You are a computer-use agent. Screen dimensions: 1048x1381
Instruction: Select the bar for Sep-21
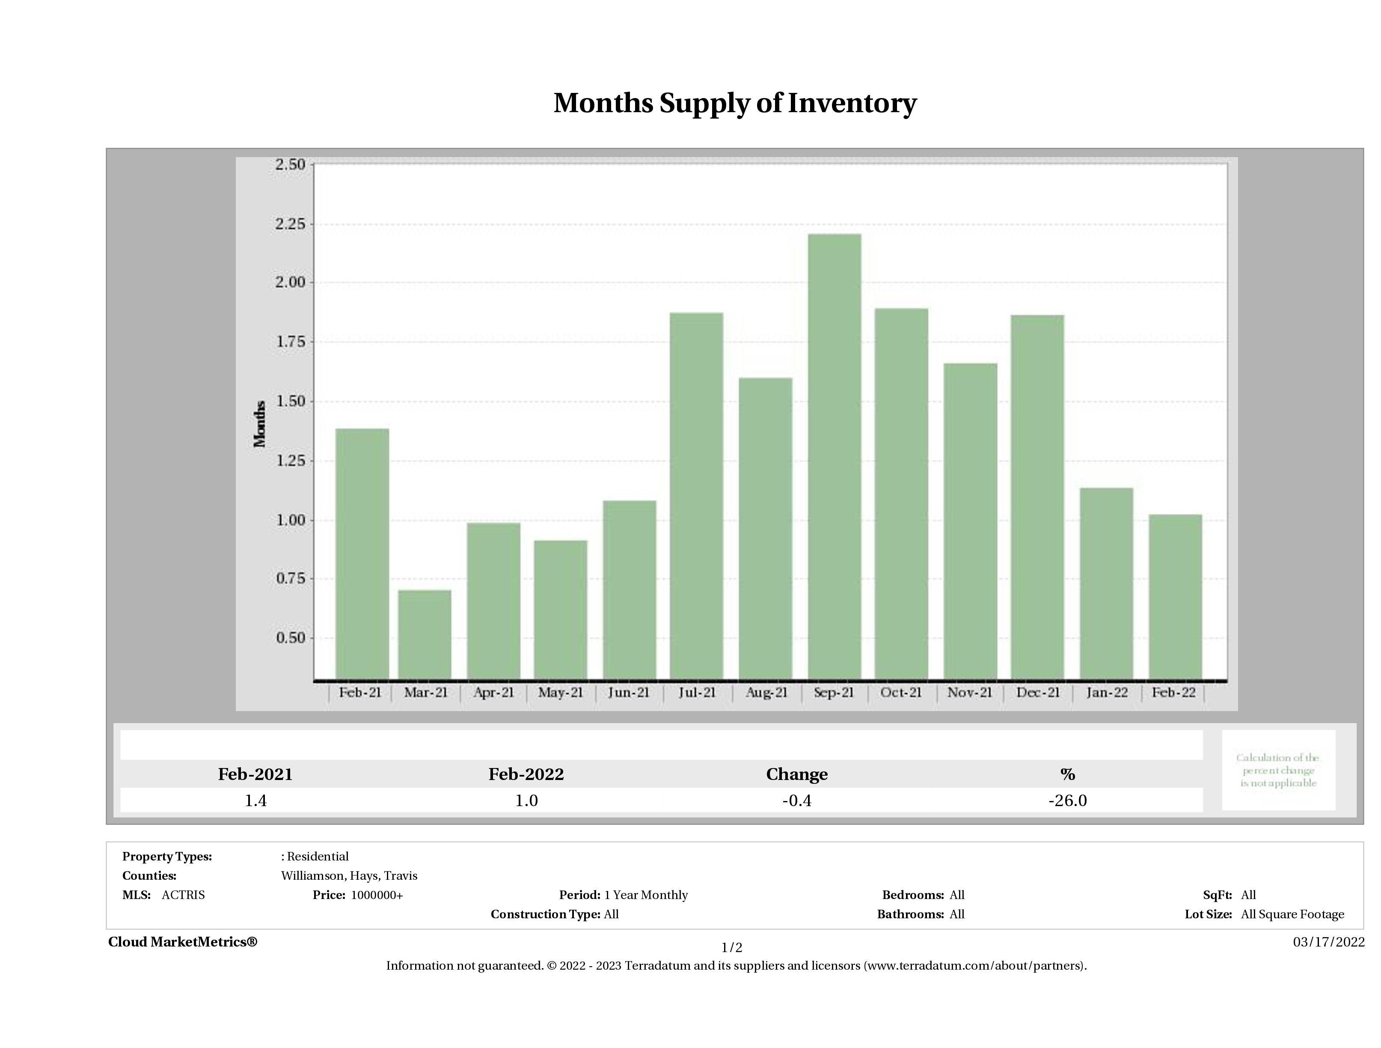click(x=834, y=456)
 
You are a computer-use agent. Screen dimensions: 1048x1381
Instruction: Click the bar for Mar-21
click(x=425, y=634)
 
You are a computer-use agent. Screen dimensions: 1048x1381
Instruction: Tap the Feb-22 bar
click(x=1175, y=596)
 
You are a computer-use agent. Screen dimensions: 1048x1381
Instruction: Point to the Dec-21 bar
click(x=1038, y=497)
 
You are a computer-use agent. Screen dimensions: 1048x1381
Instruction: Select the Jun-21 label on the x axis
click(x=628, y=693)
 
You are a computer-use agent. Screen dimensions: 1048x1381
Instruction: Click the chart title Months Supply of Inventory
click(x=735, y=103)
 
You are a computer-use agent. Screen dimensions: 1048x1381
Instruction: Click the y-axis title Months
click(x=260, y=424)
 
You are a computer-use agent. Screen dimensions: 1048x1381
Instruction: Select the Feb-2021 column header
click(x=255, y=774)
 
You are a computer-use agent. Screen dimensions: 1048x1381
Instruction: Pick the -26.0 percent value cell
click(x=1068, y=801)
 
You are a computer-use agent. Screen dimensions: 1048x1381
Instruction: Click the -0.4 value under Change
click(x=797, y=801)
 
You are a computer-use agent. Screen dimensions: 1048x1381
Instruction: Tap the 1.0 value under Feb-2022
click(x=526, y=801)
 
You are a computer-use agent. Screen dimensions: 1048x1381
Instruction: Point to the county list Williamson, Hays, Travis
click(x=349, y=875)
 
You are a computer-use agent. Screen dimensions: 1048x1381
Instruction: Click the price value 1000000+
click(x=377, y=895)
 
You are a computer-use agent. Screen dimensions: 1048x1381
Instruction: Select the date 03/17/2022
click(x=1328, y=942)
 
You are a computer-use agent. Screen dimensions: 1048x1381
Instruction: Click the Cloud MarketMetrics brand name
click(x=182, y=942)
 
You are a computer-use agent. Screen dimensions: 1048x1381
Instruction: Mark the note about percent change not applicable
click(x=1278, y=770)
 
